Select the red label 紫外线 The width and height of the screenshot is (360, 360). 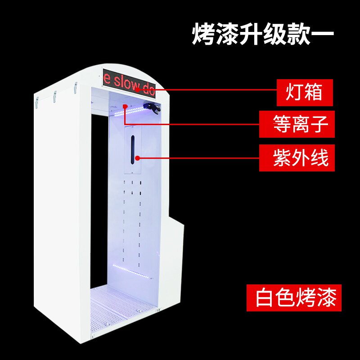tap(297, 157)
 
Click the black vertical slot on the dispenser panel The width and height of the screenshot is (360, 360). tap(133, 148)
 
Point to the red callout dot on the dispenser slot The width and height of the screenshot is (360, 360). tap(137, 158)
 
